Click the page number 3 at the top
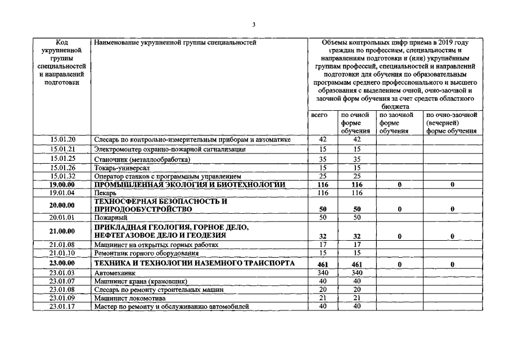254,24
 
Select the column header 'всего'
319,115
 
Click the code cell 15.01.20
62,139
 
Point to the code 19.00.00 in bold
62,185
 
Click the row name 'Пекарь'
105,193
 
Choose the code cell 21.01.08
62,245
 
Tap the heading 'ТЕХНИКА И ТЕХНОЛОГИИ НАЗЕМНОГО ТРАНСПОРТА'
194,263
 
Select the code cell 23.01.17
62,307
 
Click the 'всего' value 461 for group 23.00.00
323,263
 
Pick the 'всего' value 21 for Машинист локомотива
323,298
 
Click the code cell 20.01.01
62,217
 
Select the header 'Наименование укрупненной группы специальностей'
175,42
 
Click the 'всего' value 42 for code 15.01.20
323,139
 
